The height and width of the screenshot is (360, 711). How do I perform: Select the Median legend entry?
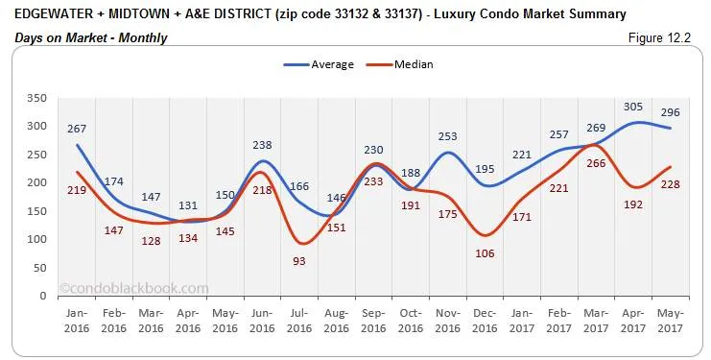point(408,64)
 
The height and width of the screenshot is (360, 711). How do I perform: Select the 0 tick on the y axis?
point(43,296)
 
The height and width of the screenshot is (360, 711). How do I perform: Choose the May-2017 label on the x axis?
point(671,321)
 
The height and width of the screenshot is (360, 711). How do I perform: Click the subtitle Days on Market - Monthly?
point(91,37)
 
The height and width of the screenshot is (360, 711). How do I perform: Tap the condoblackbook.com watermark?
point(133,286)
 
